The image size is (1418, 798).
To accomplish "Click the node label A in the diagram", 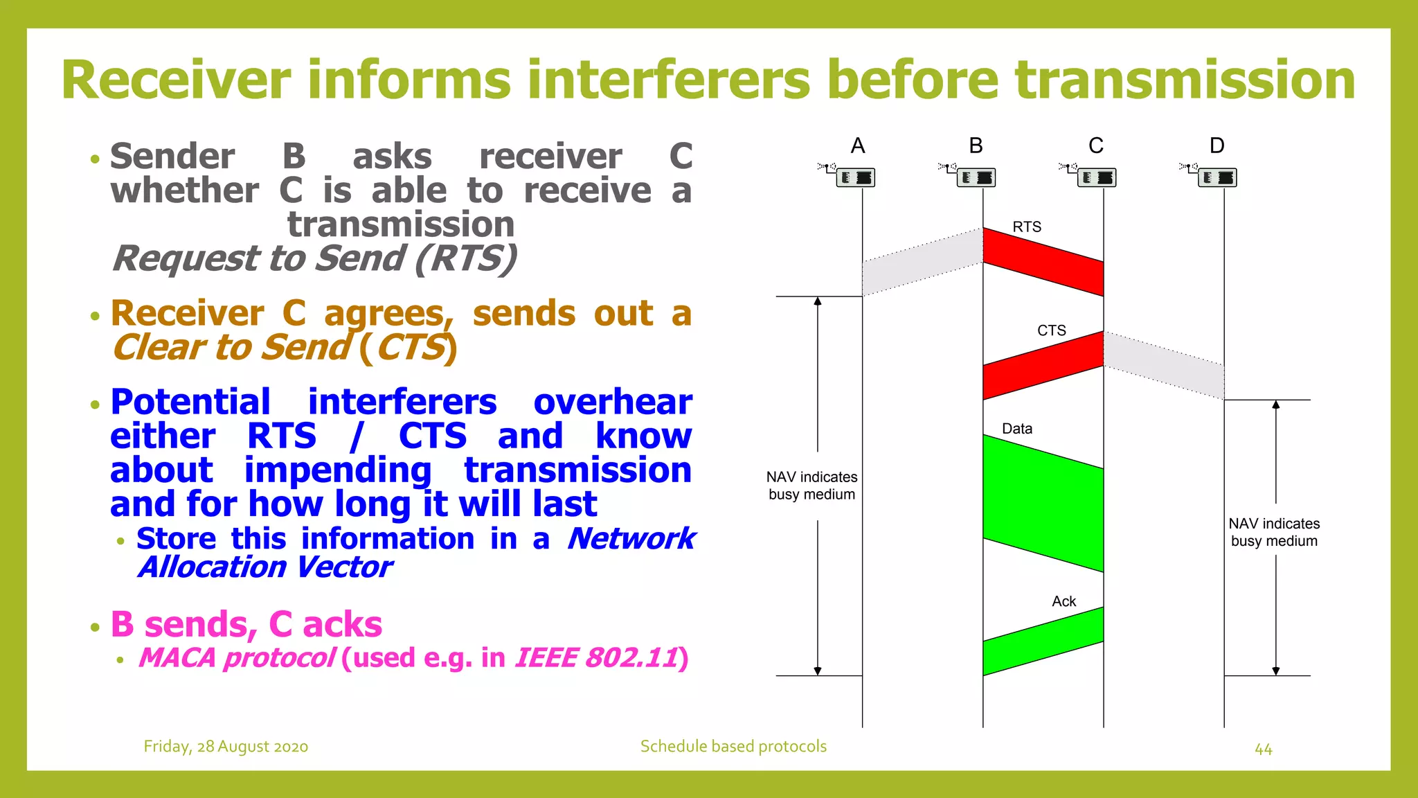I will (x=858, y=145).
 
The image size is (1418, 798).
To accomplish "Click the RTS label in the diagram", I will (x=1026, y=227).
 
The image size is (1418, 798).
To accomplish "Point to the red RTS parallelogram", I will (x=1043, y=262).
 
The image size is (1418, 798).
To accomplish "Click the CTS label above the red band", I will (x=1051, y=330).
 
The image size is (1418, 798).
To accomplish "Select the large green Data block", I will (x=1043, y=503).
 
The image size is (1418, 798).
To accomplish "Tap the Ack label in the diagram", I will (x=1063, y=601).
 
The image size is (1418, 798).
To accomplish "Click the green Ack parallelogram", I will (x=1043, y=641).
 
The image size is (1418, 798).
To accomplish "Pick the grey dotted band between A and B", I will (x=922, y=262).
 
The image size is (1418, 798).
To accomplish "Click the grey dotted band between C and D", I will (x=1163, y=365).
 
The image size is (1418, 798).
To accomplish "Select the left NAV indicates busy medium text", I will (x=811, y=486).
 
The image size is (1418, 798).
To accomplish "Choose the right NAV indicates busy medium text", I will (x=1274, y=532).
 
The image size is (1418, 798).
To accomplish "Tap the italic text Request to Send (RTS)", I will (x=315, y=258).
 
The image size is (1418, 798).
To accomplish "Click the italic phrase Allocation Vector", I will (x=265, y=567).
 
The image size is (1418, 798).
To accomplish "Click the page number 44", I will (x=1263, y=749).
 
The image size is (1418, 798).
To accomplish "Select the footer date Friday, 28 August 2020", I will (x=226, y=746).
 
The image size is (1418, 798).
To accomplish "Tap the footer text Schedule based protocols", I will (x=733, y=746).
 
